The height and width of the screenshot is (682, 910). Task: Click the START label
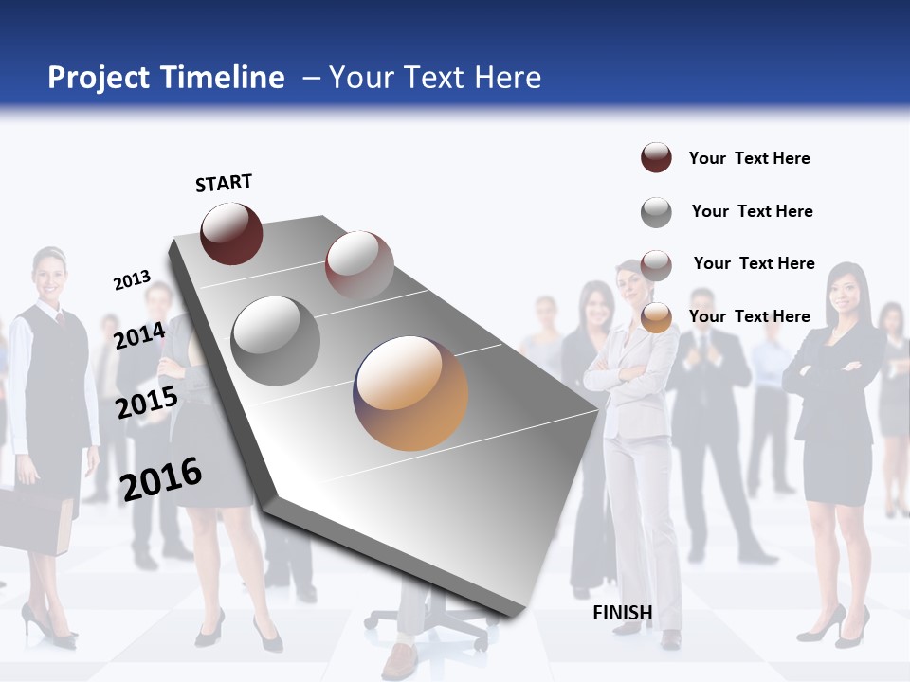click(224, 183)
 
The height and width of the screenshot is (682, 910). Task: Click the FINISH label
click(622, 613)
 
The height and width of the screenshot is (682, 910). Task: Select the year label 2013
click(132, 280)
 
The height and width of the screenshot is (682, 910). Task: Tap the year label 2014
click(139, 335)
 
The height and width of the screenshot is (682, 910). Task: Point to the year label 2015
click(146, 403)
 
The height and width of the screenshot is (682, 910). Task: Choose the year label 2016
click(161, 478)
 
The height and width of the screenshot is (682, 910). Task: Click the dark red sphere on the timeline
click(231, 234)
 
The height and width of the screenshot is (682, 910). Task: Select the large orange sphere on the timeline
click(410, 392)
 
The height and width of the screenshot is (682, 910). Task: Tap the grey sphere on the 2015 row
click(275, 341)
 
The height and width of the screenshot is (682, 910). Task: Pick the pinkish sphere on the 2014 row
click(359, 264)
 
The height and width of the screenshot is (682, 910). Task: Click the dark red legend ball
click(656, 158)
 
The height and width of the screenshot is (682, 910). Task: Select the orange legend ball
click(656, 317)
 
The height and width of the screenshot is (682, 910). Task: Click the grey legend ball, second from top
click(656, 212)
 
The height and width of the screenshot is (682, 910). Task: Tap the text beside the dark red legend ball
click(749, 158)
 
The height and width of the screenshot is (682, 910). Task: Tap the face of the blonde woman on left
click(47, 274)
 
